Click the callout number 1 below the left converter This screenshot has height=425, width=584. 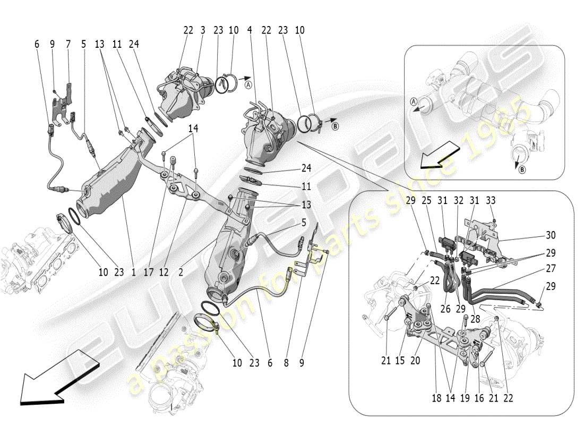pyautogui.click(x=133, y=273)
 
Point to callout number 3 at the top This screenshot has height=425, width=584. pyautogui.click(x=202, y=30)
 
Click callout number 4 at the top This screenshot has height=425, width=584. pyautogui.click(x=249, y=30)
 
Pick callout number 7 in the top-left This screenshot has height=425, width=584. pyautogui.click(x=68, y=45)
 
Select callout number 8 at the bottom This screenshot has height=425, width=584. pyautogui.click(x=287, y=363)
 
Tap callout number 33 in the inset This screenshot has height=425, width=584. pyautogui.click(x=491, y=200)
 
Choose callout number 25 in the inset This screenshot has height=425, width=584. pyautogui.click(x=426, y=200)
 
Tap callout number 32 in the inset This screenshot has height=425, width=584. pyautogui.click(x=458, y=200)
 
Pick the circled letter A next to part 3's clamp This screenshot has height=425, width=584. pyautogui.click(x=248, y=82)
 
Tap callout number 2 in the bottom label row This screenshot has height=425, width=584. pyautogui.click(x=181, y=273)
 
